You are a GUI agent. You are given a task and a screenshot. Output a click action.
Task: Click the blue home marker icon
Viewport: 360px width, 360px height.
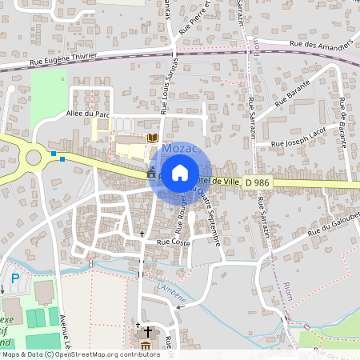click(x=180, y=172)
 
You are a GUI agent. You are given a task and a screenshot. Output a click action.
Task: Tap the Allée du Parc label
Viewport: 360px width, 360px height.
click(x=86, y=115)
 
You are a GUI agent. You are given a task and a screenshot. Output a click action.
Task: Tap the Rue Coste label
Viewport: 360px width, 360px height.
click(x=173, y=241)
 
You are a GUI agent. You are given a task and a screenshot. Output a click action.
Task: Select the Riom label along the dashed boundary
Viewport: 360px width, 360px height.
click(x=287, y=290)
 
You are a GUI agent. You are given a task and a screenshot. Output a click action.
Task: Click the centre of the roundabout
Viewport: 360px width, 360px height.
click(x=34, y=157)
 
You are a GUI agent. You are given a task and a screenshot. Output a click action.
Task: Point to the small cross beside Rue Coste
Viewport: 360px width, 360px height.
click(x=143, y=234)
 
